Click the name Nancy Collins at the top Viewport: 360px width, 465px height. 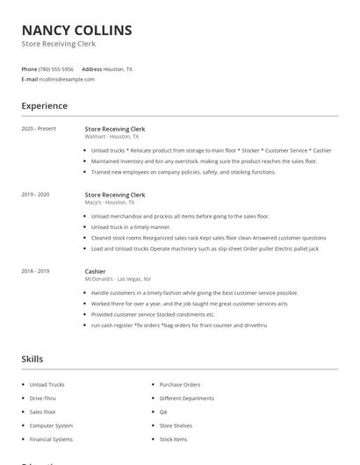pyautogui.click(x=77, y=30)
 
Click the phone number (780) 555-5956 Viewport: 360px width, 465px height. pyautogui.click(x=56, y=68)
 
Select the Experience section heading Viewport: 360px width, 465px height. pyautogui.click(x=44, y=106)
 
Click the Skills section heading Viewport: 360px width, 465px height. pyautogui.click(x=32, y=359)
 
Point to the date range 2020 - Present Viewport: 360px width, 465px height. pyautogui.click(x=39, y=129)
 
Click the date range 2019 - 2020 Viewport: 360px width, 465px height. pyautogui.click(x=36, y=195)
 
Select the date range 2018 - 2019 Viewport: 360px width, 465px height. pyautogui.click(x=36, y=271)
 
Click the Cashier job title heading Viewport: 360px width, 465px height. pyautogui.click(x=95, y=271)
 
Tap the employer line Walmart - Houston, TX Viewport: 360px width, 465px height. pyautogui.click(x=112, y=137)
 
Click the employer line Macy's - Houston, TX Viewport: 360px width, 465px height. pyautogui.click(x=110, y=203)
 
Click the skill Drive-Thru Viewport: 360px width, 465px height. pyautogui.click(x=42, y=397)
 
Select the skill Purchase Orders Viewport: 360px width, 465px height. pyautogui.click(x=180, y=384)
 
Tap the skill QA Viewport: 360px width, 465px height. pyautogui.click(x=163, y=411)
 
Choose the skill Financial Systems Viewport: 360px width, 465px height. pyautogui.click(x=51, y=438)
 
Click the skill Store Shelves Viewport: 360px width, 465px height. pyautogui.click(x=176, y=425)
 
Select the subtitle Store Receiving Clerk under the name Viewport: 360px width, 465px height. pyautogui.click(x=59, y=44)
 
